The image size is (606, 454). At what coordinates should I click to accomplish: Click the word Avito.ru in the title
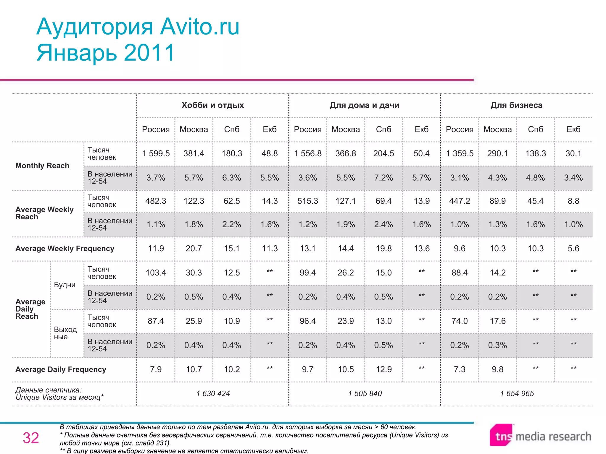200,27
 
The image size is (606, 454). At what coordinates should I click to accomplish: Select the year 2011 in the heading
149,53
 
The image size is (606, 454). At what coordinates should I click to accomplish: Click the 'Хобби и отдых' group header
212,105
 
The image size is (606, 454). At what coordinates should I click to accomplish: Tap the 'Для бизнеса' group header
516,105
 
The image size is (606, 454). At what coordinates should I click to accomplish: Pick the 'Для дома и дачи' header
364,105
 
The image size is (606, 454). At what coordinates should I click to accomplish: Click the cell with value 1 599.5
156,153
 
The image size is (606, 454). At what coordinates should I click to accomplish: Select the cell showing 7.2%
383,178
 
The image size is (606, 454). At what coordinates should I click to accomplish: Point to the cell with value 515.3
308,201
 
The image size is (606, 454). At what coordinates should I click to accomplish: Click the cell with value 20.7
194,249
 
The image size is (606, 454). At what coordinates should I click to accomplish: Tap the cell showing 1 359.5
460,153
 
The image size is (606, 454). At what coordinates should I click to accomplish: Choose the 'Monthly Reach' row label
42,166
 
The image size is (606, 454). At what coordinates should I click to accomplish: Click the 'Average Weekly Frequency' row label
65,249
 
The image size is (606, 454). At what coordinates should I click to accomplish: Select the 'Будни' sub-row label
65,285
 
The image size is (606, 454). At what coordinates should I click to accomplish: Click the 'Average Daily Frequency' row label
61,369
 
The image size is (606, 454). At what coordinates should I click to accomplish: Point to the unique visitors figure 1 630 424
213,393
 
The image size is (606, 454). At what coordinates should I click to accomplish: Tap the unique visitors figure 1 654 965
517,393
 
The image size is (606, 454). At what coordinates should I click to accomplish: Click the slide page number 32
31,438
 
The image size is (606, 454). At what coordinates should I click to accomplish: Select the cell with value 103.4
156,273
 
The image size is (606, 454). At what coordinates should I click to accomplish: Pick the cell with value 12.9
383,369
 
